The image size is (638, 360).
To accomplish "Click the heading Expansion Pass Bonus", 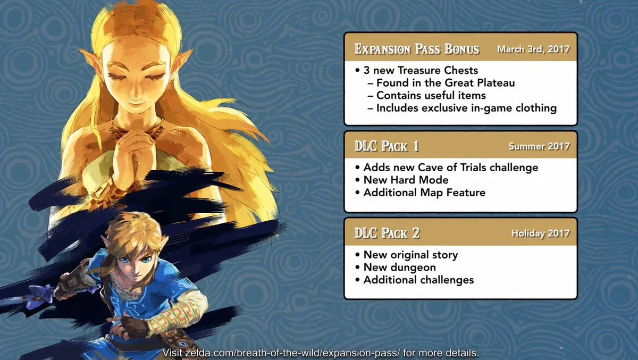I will tap(416, 50).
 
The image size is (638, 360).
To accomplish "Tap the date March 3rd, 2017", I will tap(533, 49).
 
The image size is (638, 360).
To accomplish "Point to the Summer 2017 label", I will tap(539, 146).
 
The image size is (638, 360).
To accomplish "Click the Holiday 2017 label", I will tap(540, 233).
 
